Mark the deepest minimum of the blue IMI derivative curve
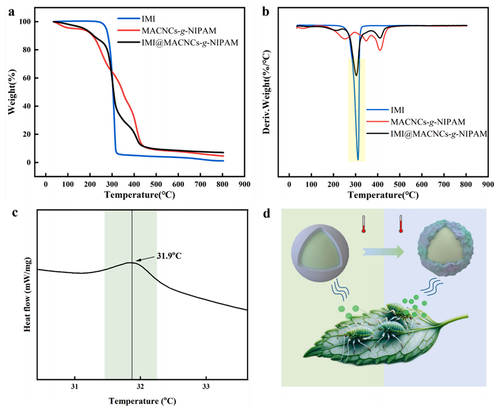click(358, 159)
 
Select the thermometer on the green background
click(362, 223)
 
